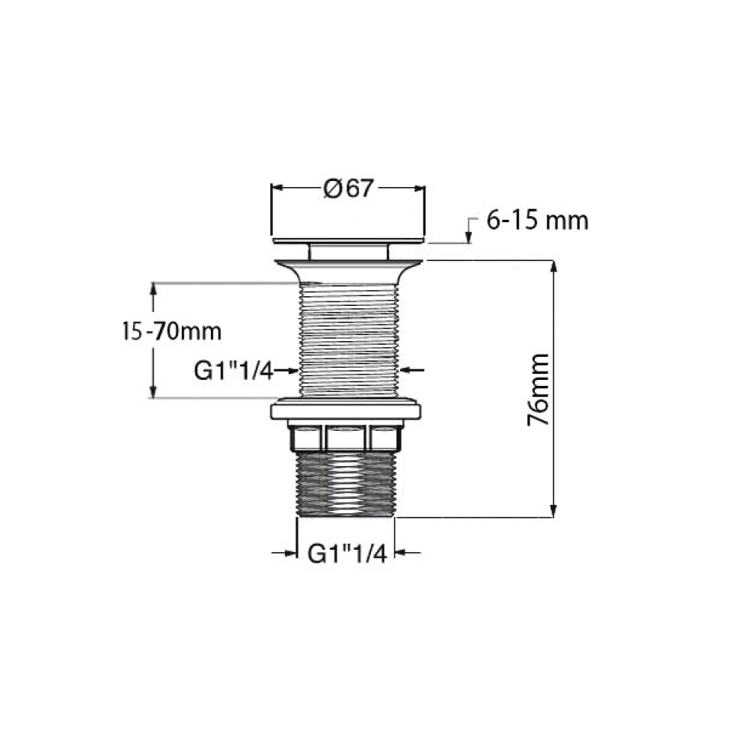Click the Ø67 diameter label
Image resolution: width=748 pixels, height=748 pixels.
point(349,188)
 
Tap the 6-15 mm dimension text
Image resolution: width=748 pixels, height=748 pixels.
point(537,221)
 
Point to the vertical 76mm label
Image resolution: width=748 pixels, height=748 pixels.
point(539,389)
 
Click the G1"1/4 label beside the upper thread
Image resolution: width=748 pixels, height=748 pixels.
point(233,371)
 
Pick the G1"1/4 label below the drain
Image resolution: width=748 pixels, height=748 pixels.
point(347,554)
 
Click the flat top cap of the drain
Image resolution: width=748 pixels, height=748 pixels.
point(349,240)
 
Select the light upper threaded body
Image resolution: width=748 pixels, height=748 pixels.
point(349,340)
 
